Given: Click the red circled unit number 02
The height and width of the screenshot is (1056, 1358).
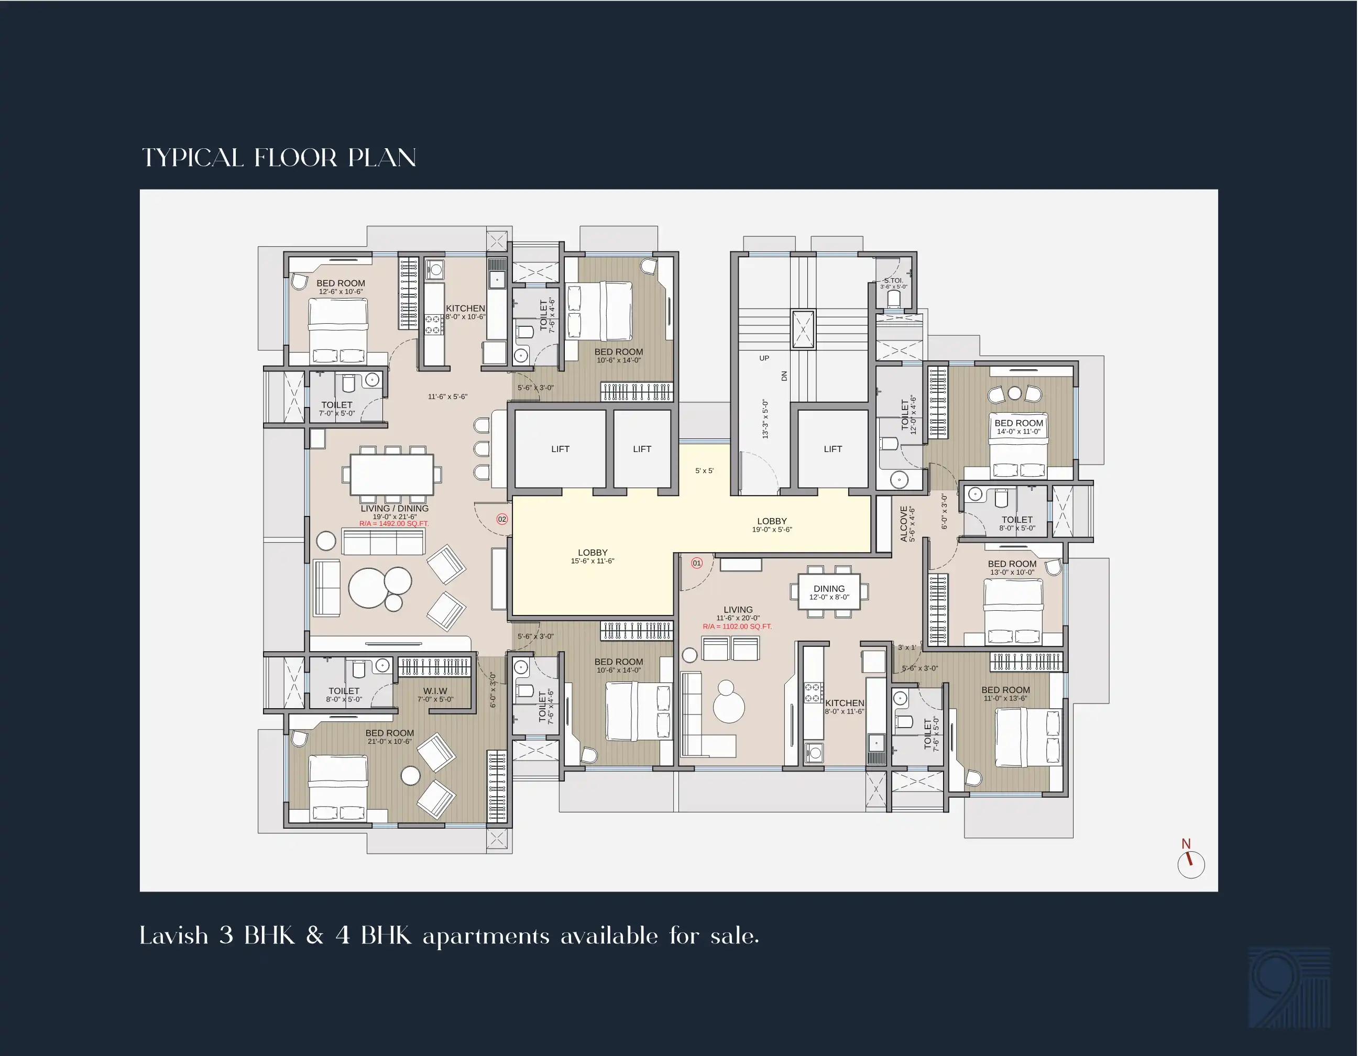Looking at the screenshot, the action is (x=502, y=519).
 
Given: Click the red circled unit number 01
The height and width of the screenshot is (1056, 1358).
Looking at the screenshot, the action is (x=696, y=563).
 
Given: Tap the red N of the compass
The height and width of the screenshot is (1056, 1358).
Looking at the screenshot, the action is (x=1186, y=843).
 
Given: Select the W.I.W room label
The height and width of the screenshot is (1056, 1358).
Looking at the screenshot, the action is (x=435, y=690).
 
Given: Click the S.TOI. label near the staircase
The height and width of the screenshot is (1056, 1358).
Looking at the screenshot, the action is (x=893, y=280).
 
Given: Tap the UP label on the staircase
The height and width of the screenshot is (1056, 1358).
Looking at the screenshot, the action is (x=764, y=358).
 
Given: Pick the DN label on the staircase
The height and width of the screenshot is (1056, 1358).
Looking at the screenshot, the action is (x=784, y=376).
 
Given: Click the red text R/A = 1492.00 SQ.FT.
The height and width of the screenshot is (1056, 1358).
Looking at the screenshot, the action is (x=394, y=524).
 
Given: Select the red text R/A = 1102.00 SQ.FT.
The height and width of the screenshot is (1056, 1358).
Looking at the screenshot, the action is (x=738, y=626).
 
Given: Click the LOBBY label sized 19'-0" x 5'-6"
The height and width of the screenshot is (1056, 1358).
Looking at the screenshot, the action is (x=772, y=521).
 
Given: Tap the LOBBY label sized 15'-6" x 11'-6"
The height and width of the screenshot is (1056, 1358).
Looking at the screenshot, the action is (x=593, y=552).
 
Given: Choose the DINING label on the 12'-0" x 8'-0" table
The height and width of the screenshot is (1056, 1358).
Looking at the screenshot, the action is (x=829, y=588).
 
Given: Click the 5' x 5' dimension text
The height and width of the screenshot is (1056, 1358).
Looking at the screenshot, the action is (x=705, y=470).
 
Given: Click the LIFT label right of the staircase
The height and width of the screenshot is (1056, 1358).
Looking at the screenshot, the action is (x=833, y=449).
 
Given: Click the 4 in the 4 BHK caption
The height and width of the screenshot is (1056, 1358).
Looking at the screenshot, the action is (x=343, y=936).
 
